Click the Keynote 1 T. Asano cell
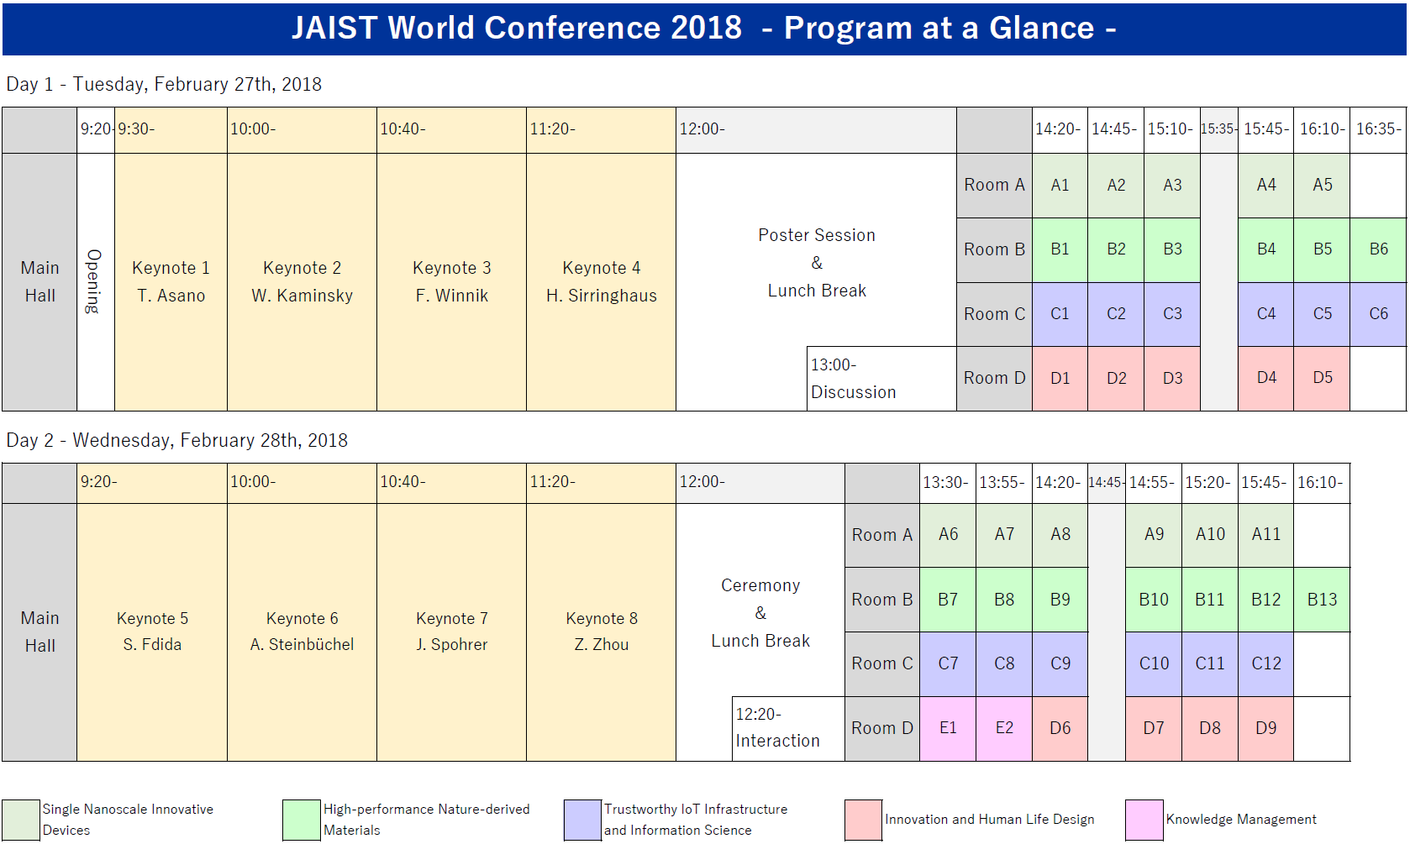(171, 281)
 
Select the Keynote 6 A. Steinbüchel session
(302, 632)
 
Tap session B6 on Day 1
(1378, 249)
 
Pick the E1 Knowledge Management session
(947, 728)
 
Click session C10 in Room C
(1153, 663)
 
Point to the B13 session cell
(1322, 600)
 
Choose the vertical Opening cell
(96, 281)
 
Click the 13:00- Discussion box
(881, 379)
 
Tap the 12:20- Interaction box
(788, 728)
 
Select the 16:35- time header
(1378, 129)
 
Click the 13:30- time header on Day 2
(947, 483)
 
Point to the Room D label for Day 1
(995, 379)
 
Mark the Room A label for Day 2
(881, 535)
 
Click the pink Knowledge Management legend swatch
(1144, 820)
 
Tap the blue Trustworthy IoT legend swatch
(582, 820)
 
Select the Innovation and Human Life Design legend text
(990, 820)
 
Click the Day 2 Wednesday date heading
(176, 440)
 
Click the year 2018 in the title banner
(706, 29)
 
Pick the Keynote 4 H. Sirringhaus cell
(601, 281)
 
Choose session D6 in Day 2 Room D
(1060, 728)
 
